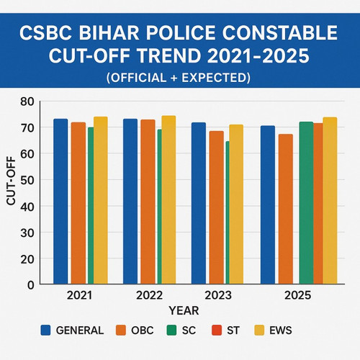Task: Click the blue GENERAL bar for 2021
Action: [60, 201]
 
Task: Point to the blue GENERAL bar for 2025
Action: [267, 204]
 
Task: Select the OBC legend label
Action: [143, 330]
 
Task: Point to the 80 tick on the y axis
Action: [27, 102]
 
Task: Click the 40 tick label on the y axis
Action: [27, 207]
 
